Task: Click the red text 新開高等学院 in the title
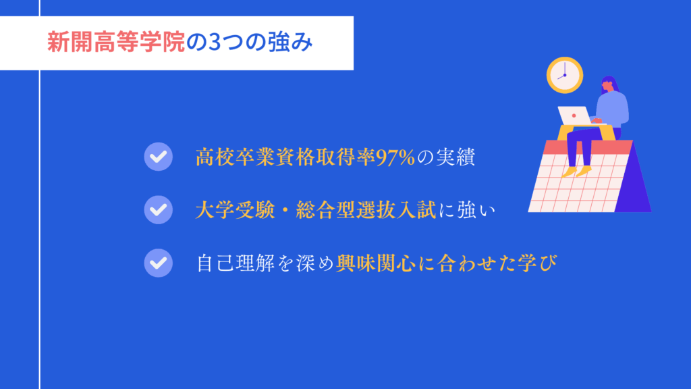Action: pyautogui.click(x=116, y=43)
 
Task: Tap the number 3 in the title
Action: pyautogui.click(x=214, y=43)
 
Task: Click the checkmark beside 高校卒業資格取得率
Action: pyautogui.click(x=158, y=157)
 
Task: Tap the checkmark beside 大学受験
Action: pyautogui.click(x=158, y=209)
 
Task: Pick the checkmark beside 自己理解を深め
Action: pyautogui.click(x=158, y=263)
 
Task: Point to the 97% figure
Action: pyautogui.click(x=395, y=157)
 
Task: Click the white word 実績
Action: pyautogui.click(x=455, y=157)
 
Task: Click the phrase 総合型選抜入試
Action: pyautogui.click(x=366, y=210)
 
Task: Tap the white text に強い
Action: pyautogui.click(x=467, y=210)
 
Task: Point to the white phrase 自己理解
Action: pyautogui.click(x=236, y=263)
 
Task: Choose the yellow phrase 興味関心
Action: pyautogui.click(x=375, y=263)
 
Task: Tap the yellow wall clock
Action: pyautogui.click(x=565, y=75)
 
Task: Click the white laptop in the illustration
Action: pyautogui.click(x=575, y=115)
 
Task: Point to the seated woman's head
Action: pyautogui.click(x=609, y=84)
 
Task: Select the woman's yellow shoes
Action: pyautogui.click(x=577, y=171)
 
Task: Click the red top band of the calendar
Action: pyautogui.click(x=588, y=147)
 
